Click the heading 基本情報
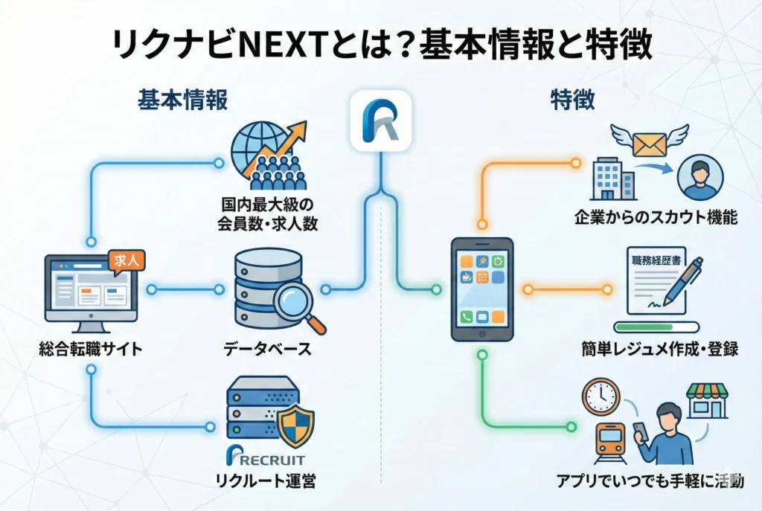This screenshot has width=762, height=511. [x=182, y=100]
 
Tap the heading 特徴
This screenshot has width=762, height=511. [x=572, y=100]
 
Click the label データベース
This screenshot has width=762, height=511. [x=267, y=348]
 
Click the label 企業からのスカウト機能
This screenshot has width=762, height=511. [x=656, y=218]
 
